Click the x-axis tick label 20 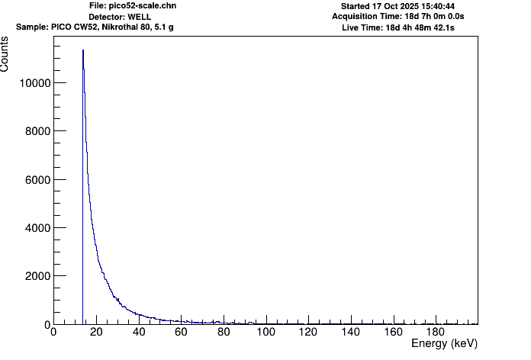coord(95,332)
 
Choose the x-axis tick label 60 coord(181,332)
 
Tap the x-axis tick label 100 coord(265,332)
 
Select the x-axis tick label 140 coord(351,332)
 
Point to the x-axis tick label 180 coord(436,332)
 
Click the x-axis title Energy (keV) coord(444,344)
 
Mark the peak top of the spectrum coord(83,50)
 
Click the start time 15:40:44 coord(434,6)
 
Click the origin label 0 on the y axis coord(46,325)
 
